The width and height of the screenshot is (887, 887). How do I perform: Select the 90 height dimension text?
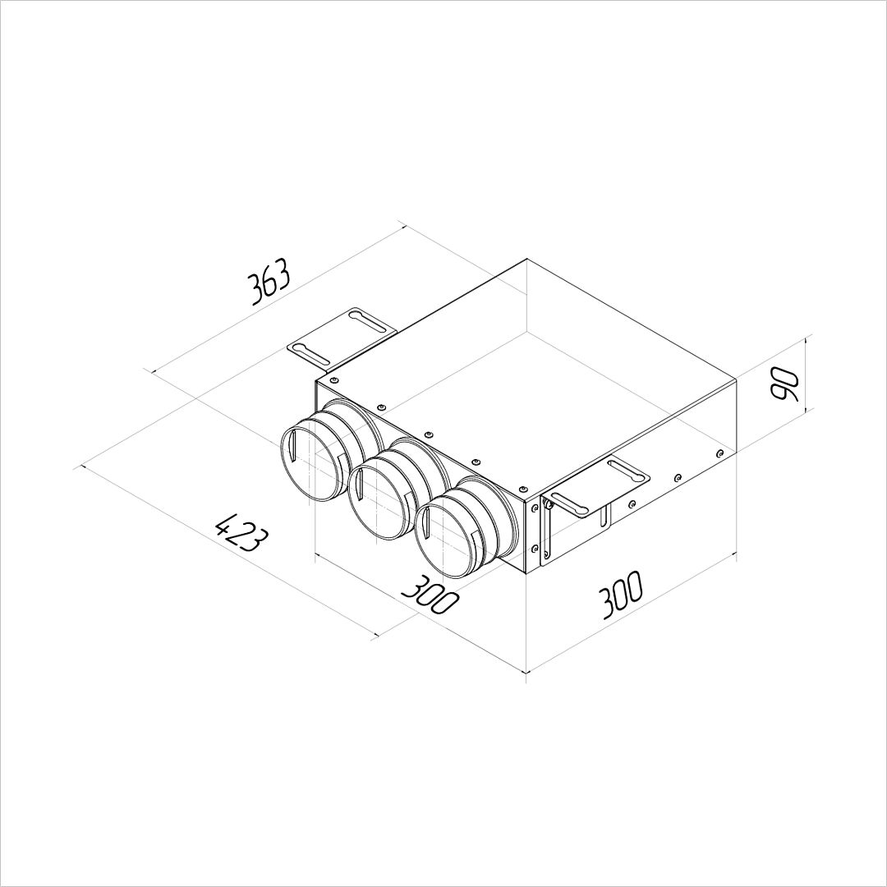786,384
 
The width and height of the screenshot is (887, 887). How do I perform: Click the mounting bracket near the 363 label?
342,338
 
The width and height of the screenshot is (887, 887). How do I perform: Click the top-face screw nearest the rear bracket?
334,380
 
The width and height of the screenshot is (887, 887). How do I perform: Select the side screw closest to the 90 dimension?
719,453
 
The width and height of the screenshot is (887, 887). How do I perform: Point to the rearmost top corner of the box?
526,260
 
